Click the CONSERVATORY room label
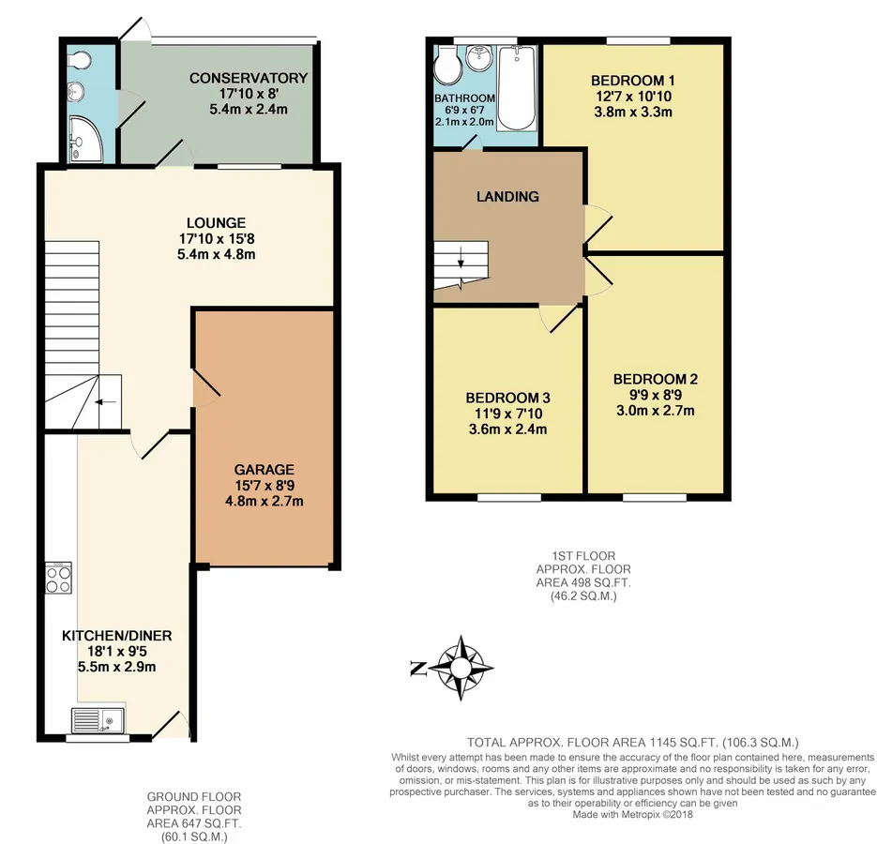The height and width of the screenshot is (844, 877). (249, 78)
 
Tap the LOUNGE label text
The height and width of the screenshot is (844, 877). (217, 222)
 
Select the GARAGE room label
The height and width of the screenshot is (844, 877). (264, 470)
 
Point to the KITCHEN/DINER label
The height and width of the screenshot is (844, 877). (117, 636)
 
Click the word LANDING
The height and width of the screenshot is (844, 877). (507, 196)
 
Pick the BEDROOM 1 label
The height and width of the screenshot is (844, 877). (633, 81)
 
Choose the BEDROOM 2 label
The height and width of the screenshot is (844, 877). (656, 379)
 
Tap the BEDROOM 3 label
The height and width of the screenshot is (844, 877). (507, 399)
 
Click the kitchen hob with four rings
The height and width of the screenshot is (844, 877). (58, 578)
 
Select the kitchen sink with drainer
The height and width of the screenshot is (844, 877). (98, 719)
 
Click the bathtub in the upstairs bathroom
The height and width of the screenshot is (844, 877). (517, 88)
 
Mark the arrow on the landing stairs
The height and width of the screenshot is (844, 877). (461, 260)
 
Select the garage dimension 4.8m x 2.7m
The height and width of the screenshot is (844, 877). (264, 501)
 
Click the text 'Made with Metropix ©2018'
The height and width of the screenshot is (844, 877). (632, 814)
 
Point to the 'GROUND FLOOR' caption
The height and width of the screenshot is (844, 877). (194, 796)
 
